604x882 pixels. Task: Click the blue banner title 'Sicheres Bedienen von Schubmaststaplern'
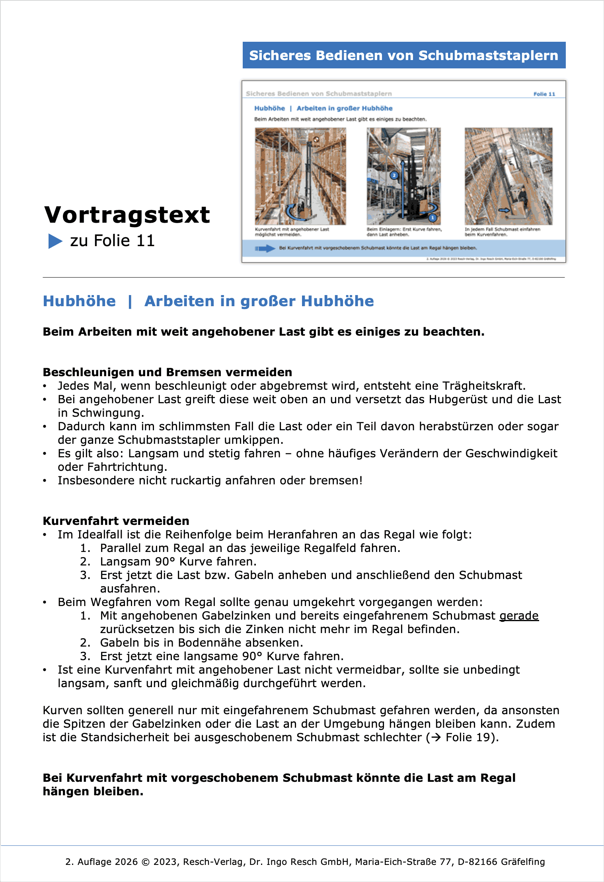(x=403, y=55)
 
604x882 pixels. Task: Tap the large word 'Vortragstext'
(x=127, y=215)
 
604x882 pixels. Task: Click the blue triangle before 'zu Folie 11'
(x=55, y=241)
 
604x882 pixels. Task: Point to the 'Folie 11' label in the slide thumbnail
(x=544, y=94)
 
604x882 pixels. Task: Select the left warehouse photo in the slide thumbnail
(x=300, y=176)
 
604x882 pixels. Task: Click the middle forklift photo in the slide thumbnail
(x=403, y=176)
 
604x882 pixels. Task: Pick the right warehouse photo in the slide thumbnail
(x=508, y=176)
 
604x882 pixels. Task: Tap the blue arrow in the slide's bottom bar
(x=265, y=249)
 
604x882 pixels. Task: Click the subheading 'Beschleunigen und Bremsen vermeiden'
(x=167, y=372)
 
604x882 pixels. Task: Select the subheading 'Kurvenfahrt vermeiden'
(x=116, y=521)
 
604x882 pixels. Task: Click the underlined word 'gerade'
(x=519, y=616)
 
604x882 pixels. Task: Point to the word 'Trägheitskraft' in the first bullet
(x=483, y=386)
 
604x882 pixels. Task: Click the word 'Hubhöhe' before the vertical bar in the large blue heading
(x=79, y=301)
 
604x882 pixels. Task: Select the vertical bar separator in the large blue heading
(x=130, y=301)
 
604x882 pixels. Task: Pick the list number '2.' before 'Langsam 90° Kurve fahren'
(x=85, y=561)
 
